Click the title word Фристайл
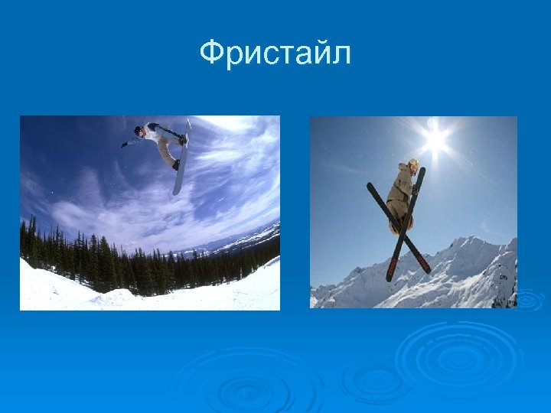coord(275,54)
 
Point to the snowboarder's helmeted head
coord(139,130)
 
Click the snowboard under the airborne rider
coord(181,161)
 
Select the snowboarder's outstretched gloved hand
coord(124,144)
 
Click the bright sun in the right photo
coord(435,139)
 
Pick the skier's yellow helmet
coord(413,164)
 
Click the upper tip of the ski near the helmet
coord(421,173)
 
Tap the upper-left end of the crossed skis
coord(371,187)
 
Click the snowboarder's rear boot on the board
coord(177,164)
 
